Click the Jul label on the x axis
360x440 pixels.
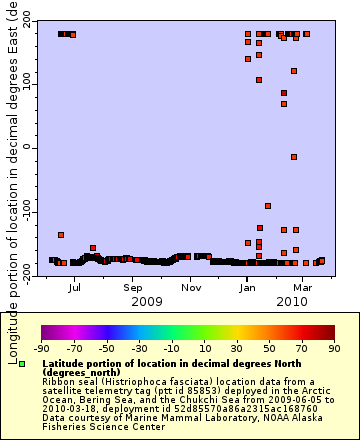tap(74, 286)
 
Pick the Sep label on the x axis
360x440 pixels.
tap(133, 286)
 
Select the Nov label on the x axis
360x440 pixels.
tap(190, 286)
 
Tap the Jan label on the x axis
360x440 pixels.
tap(247, 286)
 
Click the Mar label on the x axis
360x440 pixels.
tap(303, 286)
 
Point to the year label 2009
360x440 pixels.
tap(147, 301)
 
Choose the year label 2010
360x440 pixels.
tap(292, 301)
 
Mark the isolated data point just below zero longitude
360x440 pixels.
tap(294, 157)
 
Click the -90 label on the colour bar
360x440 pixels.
tap(41, 349)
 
